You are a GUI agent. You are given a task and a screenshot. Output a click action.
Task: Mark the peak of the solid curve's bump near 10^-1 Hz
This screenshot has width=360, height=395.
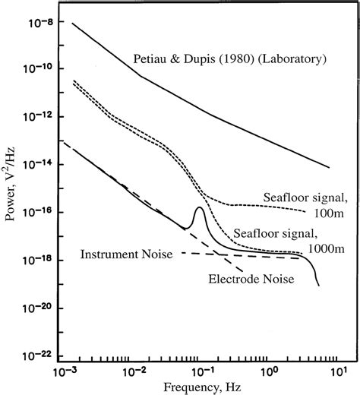click(199, 207)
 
